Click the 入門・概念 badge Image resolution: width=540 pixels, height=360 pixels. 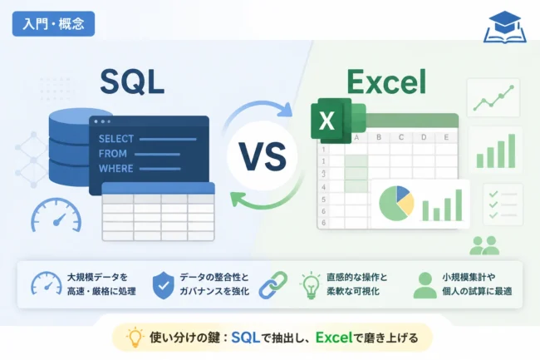[x=53, y=24]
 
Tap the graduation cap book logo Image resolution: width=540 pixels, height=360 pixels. [x=505, y=27]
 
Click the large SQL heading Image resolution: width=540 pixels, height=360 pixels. [x=132, y=81]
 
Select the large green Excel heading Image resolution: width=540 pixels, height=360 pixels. [x=386, y=81]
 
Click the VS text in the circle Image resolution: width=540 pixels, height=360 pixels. [x=263, y=157]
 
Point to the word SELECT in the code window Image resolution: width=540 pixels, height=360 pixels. [x=116, y=139]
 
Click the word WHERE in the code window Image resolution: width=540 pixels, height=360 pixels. [x=115, y=169]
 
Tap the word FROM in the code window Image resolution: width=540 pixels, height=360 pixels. [x=113, y=154]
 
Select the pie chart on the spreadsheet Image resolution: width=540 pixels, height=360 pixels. [x=396, y=204]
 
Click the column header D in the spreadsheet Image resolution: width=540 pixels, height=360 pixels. [x=424, y=137]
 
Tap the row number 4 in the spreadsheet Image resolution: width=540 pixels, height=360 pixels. [x=323, y=187]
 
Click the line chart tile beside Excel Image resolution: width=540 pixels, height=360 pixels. [x=493, y=98]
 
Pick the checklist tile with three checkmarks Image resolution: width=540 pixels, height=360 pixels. [x=503, y=205]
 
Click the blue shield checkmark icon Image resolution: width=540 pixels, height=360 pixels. [x=163, y=285]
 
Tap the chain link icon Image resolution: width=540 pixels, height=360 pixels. [x=273, y=285]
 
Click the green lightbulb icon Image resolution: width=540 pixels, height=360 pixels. [x=311, y=285]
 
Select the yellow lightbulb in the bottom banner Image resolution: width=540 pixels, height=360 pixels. [x=135, y=338]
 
